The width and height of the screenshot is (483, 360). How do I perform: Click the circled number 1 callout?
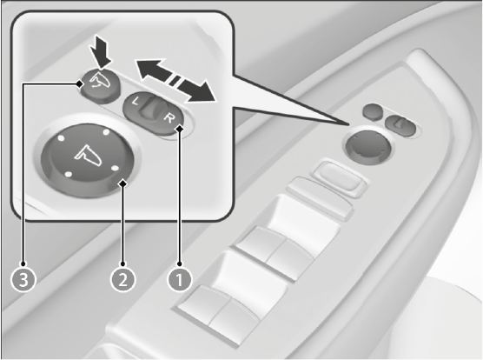179,279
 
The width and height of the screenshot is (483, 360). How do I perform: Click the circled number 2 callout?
122,279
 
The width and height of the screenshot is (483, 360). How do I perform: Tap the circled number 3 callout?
23,279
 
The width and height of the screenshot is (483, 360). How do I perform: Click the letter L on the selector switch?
135,101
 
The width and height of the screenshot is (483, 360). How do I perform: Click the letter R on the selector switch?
169,117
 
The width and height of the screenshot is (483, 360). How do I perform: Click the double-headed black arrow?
175,81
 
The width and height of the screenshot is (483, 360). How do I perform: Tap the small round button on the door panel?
373,111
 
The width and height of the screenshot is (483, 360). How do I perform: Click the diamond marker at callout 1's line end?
180,128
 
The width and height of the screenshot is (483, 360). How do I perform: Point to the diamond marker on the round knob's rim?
123,183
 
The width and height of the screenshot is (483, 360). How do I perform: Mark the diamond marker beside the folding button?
79,83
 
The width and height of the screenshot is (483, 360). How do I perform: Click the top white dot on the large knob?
106,132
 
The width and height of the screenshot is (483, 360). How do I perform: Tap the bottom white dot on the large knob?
69,175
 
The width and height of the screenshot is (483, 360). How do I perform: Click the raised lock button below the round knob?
339,178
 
